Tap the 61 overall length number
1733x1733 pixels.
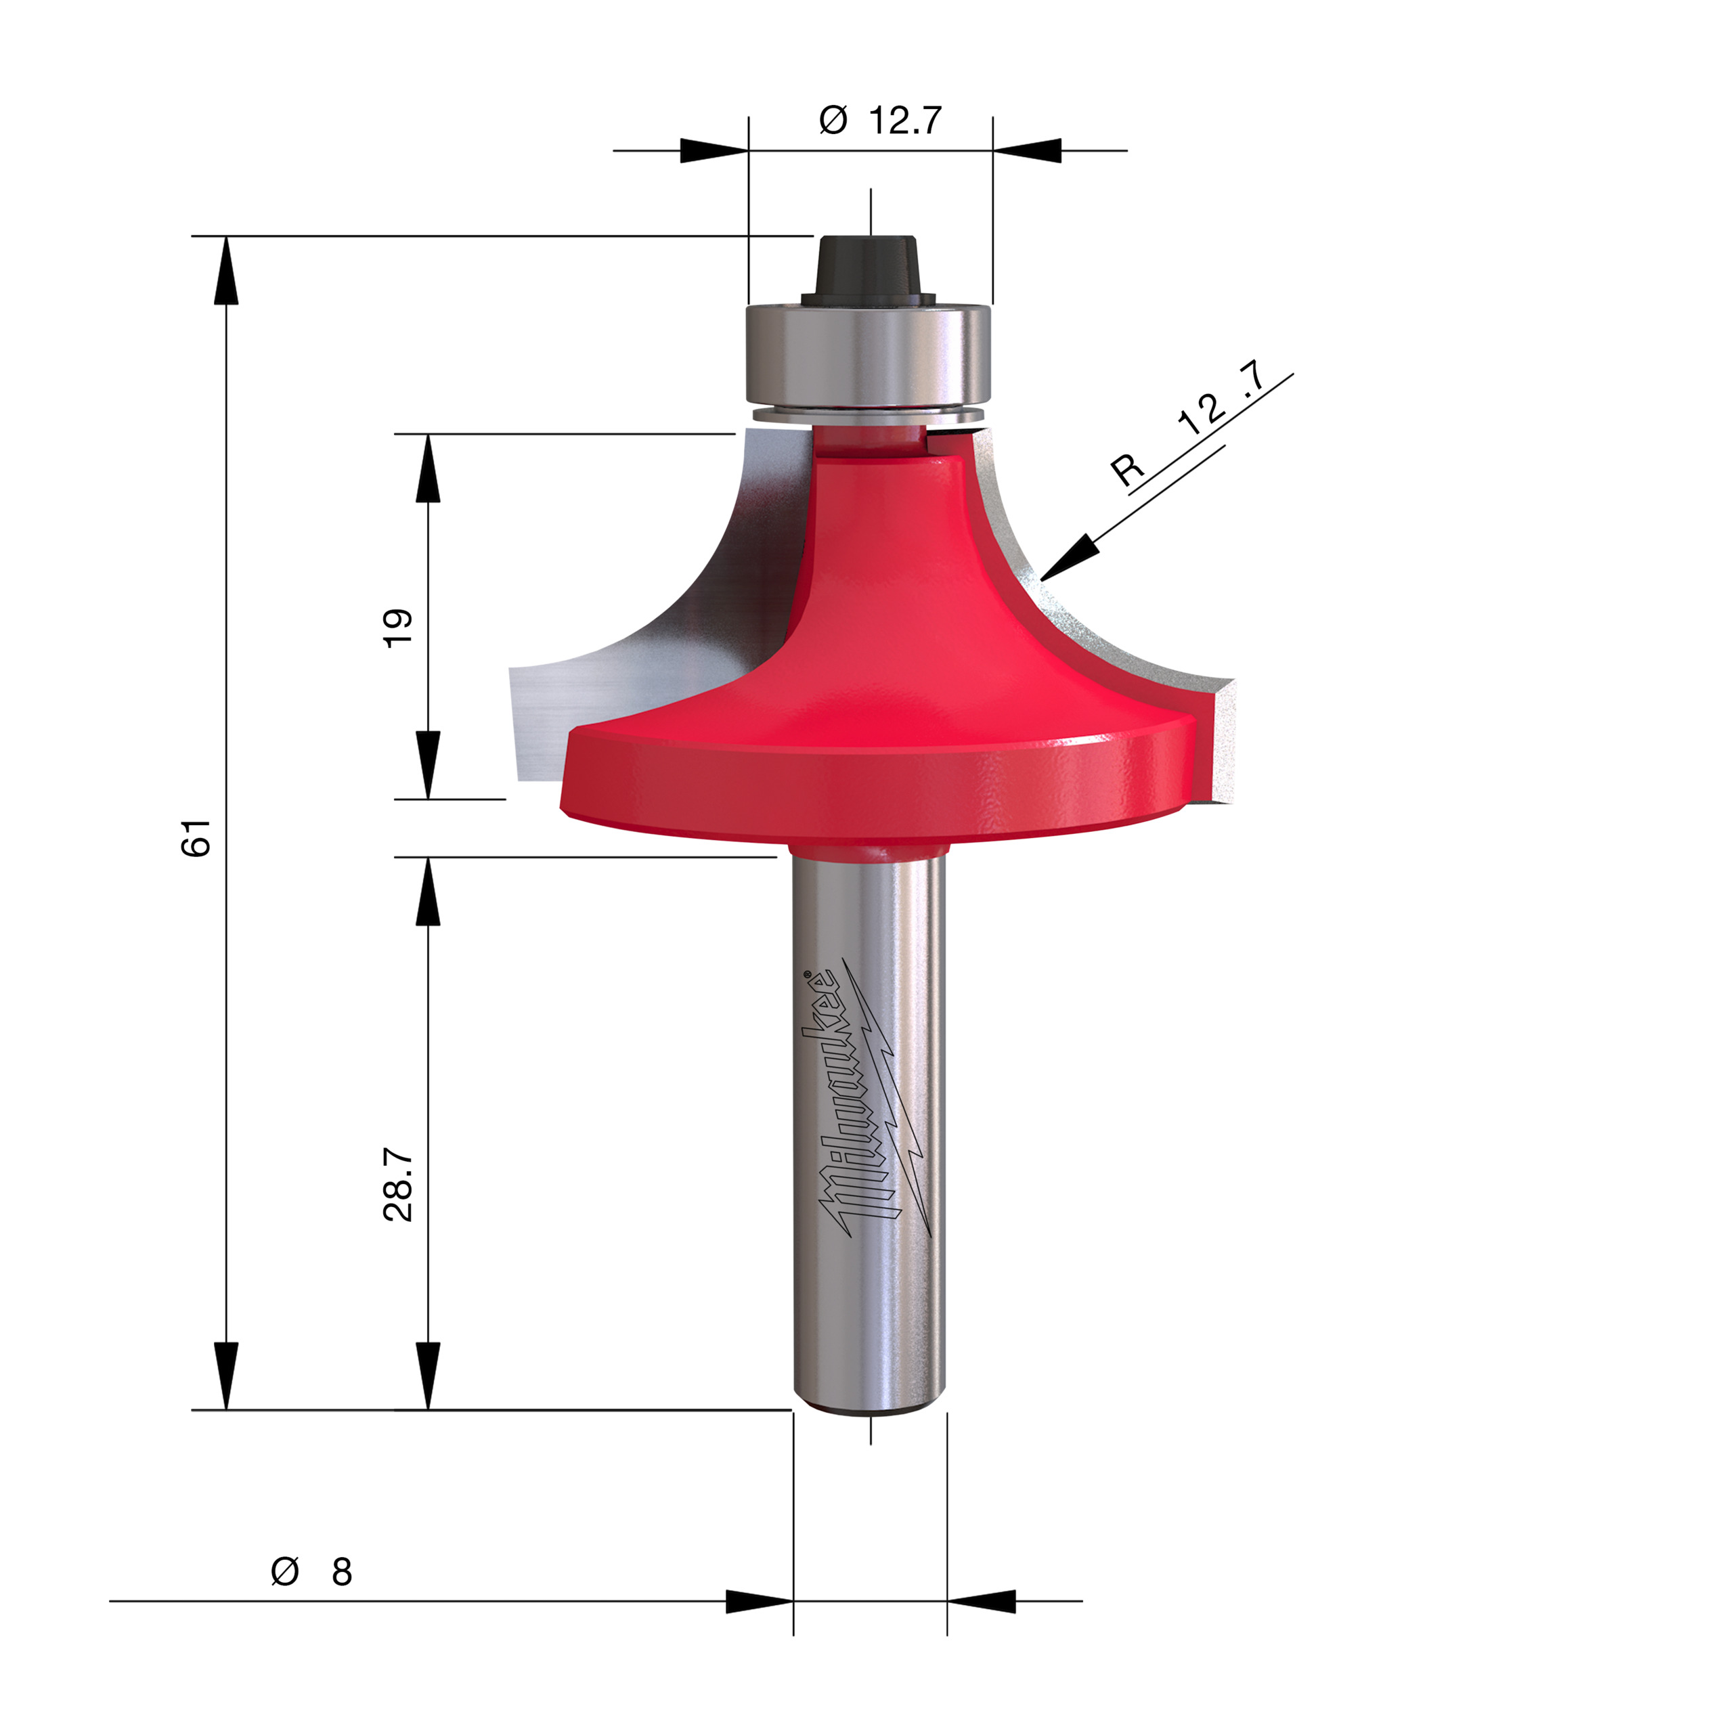pyautogui.click(x=196, y=838)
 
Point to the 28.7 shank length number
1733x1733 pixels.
pyautogui.click(x=397, y=1184)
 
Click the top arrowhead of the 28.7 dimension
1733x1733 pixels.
pyautogui.click(x=428, y=892)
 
